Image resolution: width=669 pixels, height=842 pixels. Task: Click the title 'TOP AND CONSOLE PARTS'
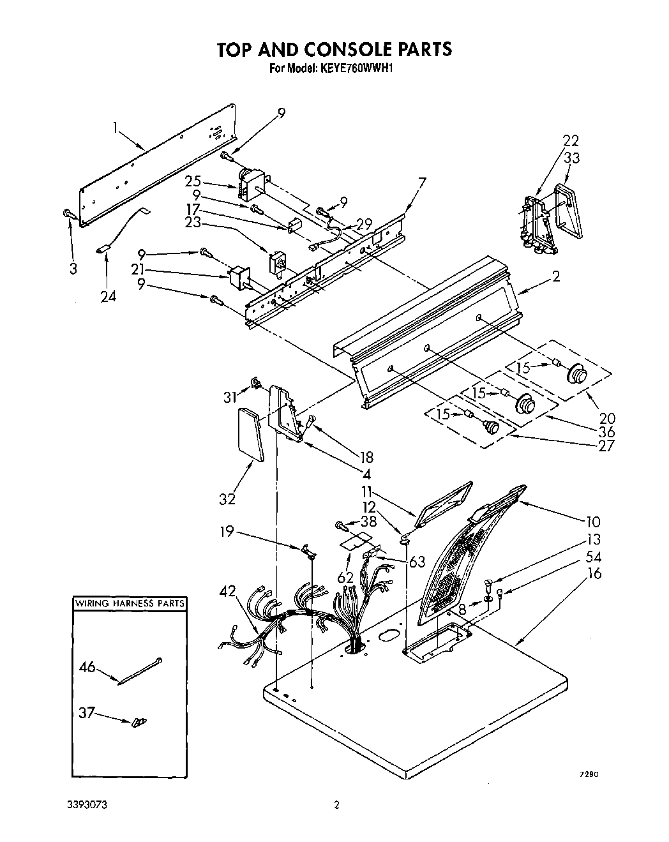coord(334,49)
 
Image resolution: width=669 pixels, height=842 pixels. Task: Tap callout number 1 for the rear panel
coord(116,128)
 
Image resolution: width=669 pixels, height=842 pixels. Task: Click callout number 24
coord(109,296)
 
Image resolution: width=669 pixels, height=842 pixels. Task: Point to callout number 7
coord(421,183)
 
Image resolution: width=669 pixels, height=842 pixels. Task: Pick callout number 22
coord(571,141)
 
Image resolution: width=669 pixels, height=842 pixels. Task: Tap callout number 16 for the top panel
coord(594,573)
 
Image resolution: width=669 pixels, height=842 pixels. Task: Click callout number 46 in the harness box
coord(87,668)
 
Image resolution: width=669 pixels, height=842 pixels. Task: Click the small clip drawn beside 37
coord(138,722)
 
